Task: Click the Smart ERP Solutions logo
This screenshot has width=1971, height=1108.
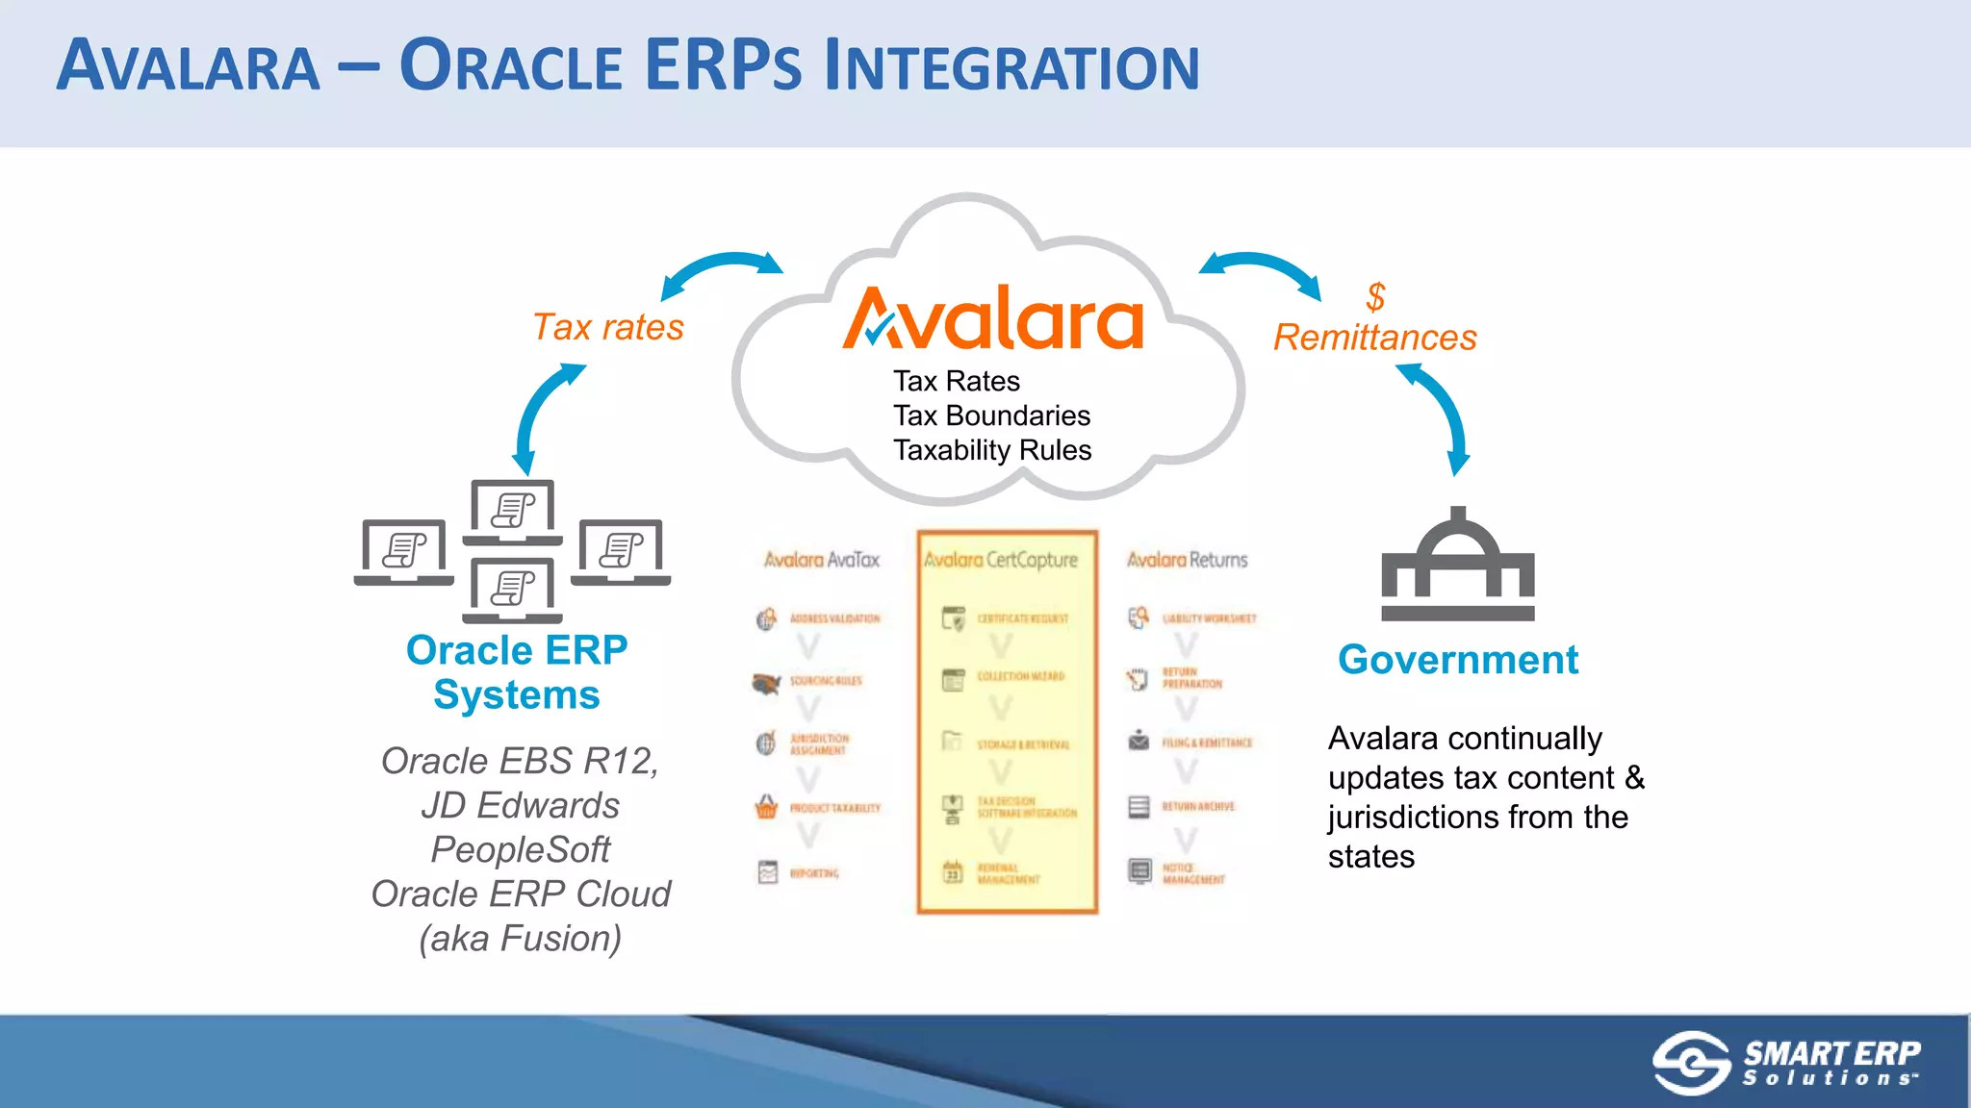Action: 1786,1063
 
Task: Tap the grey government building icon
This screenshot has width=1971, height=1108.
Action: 1457,567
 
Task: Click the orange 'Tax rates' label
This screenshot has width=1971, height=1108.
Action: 608,328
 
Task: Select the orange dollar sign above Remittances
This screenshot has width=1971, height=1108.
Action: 1375,296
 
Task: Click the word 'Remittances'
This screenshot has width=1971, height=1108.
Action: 1374,338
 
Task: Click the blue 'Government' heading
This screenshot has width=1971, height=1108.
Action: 1457,660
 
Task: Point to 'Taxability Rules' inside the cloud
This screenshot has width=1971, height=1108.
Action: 992,450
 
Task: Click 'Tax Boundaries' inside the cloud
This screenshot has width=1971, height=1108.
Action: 991,415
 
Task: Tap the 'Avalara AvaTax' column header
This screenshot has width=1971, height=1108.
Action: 821,560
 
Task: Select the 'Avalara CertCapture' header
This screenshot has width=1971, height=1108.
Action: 1001,560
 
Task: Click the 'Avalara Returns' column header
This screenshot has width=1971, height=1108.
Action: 1187,560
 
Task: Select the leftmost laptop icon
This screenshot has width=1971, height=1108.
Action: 404,552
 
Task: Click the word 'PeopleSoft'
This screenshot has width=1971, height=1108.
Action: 520,849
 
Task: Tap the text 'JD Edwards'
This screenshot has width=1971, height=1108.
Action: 520,805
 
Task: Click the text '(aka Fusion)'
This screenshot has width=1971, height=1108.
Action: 520,938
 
